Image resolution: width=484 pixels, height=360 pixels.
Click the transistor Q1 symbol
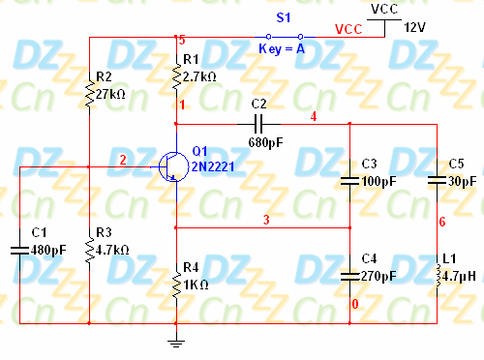(174, 166)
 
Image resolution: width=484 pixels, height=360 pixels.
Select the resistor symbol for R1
(176, 76)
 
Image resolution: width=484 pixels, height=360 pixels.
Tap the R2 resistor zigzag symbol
(89, 94)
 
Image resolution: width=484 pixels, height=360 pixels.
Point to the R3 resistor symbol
(89, 250)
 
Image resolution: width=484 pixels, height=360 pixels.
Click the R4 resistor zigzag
(176, 285)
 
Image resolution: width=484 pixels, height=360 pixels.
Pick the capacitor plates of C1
(19, 251)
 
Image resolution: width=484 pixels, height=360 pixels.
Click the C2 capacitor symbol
(258, 124)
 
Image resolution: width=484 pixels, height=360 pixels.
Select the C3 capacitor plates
(349, 181)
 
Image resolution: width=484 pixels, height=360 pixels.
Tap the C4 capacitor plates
(349, 276)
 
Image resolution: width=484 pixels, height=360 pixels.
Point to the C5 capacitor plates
(437, 181)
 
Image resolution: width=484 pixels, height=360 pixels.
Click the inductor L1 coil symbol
(438, 276)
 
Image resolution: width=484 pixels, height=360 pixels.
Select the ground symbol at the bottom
(176, 344)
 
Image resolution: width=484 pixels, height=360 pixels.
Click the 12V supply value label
(415, 27)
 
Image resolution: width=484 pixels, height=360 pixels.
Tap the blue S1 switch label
(284, 17)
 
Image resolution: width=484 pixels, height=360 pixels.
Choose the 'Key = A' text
(282, 49)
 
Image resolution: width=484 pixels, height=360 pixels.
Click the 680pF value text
(265, 142)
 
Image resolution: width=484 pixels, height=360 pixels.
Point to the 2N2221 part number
(213, 166)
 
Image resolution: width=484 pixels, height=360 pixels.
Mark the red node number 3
(266, 220)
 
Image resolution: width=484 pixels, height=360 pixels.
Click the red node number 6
(442, 222)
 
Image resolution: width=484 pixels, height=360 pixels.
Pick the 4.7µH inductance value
(459, 277)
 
